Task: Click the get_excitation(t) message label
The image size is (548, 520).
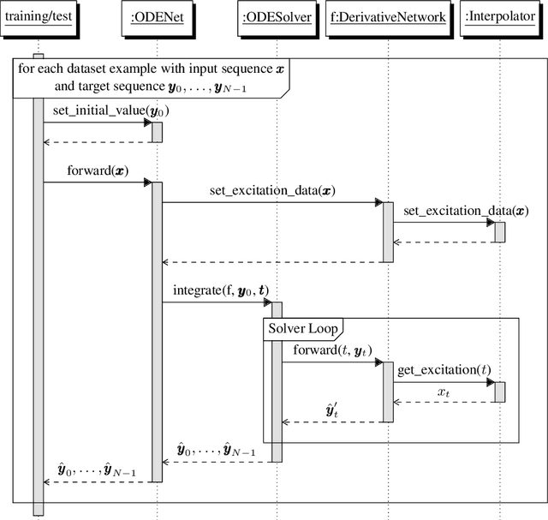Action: (x=444, y=370)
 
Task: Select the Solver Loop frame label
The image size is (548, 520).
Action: (x=301, y=328)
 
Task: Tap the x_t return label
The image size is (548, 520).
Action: (x=444, y=392)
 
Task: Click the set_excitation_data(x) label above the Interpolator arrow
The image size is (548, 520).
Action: (x=466, y=211)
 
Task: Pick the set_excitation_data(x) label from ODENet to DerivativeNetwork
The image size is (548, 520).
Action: (x=271, y=191)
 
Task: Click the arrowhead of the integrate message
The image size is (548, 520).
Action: (x=268, y=302)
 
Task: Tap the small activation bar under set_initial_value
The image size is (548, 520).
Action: (x=157, y=132)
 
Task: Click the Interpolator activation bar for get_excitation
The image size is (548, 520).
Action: (x=499, y=391)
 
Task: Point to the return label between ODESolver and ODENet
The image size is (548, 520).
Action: (x=216, y=450)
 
